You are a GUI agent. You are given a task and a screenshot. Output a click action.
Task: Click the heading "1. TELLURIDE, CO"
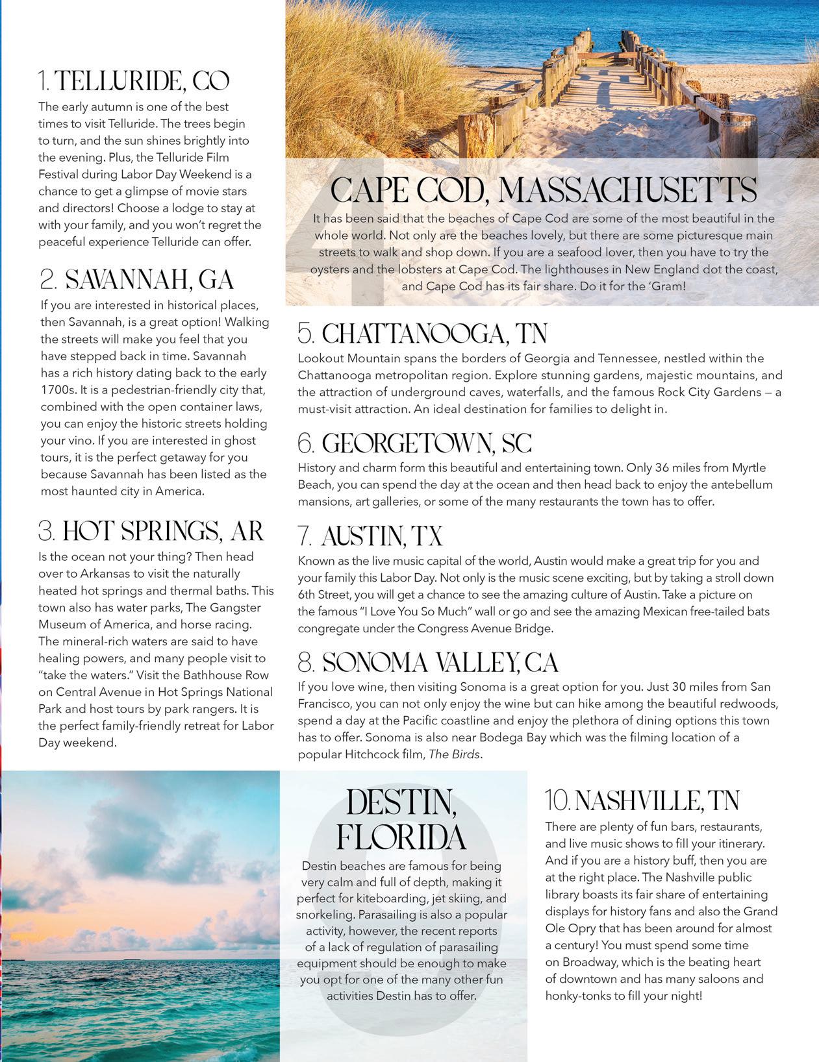[134, 82]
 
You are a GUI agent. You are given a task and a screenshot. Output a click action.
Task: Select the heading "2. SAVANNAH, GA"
[136, 280]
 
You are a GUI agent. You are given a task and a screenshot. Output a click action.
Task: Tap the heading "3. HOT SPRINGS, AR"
[151, 532]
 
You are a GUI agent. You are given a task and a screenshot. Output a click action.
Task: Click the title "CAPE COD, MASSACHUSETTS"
[543, 191]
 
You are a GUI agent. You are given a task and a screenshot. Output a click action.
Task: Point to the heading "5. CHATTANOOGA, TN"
[422, 334]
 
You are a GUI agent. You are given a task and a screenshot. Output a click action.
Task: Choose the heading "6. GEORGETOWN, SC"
[414, 444]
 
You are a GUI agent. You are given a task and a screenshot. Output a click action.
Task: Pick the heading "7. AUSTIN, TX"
[370, 537]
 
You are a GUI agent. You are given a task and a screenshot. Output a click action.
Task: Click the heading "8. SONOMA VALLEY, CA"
[428, 663]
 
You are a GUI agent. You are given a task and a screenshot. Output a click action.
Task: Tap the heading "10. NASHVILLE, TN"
[642, 802]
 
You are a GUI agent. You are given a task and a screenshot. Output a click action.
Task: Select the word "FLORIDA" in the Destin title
[401, 838]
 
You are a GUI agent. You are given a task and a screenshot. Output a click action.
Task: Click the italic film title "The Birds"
[455, 755]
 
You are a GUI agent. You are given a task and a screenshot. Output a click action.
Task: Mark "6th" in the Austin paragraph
[308, 595]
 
